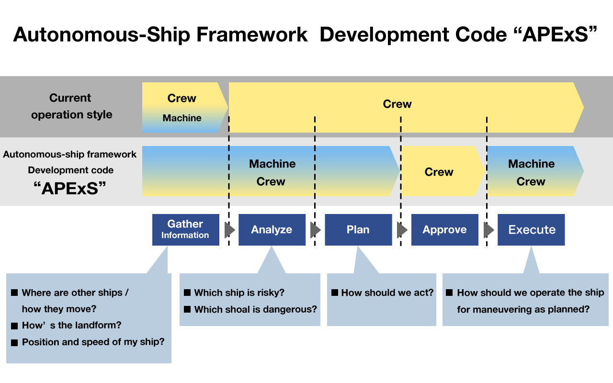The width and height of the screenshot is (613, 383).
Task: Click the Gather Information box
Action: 185,229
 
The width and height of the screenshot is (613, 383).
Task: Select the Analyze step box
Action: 272,229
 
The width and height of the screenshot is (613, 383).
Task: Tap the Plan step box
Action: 358,229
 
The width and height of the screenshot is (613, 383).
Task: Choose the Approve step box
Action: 445,229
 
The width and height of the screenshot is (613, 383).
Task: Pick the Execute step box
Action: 531,229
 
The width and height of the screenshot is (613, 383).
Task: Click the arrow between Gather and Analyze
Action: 229,230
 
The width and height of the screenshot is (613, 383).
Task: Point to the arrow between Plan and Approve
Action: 402,230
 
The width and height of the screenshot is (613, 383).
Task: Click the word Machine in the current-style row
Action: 182,118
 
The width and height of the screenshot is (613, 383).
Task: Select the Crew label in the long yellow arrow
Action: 397,104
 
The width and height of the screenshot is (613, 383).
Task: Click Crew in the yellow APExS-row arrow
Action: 439,172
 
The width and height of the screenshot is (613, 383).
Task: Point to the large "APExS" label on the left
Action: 70,189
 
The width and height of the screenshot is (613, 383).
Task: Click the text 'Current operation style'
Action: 71,106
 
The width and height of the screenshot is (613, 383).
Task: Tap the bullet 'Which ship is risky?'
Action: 234,293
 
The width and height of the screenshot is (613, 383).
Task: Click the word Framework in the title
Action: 252,35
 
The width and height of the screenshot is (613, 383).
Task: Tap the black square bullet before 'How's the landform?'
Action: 14,326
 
